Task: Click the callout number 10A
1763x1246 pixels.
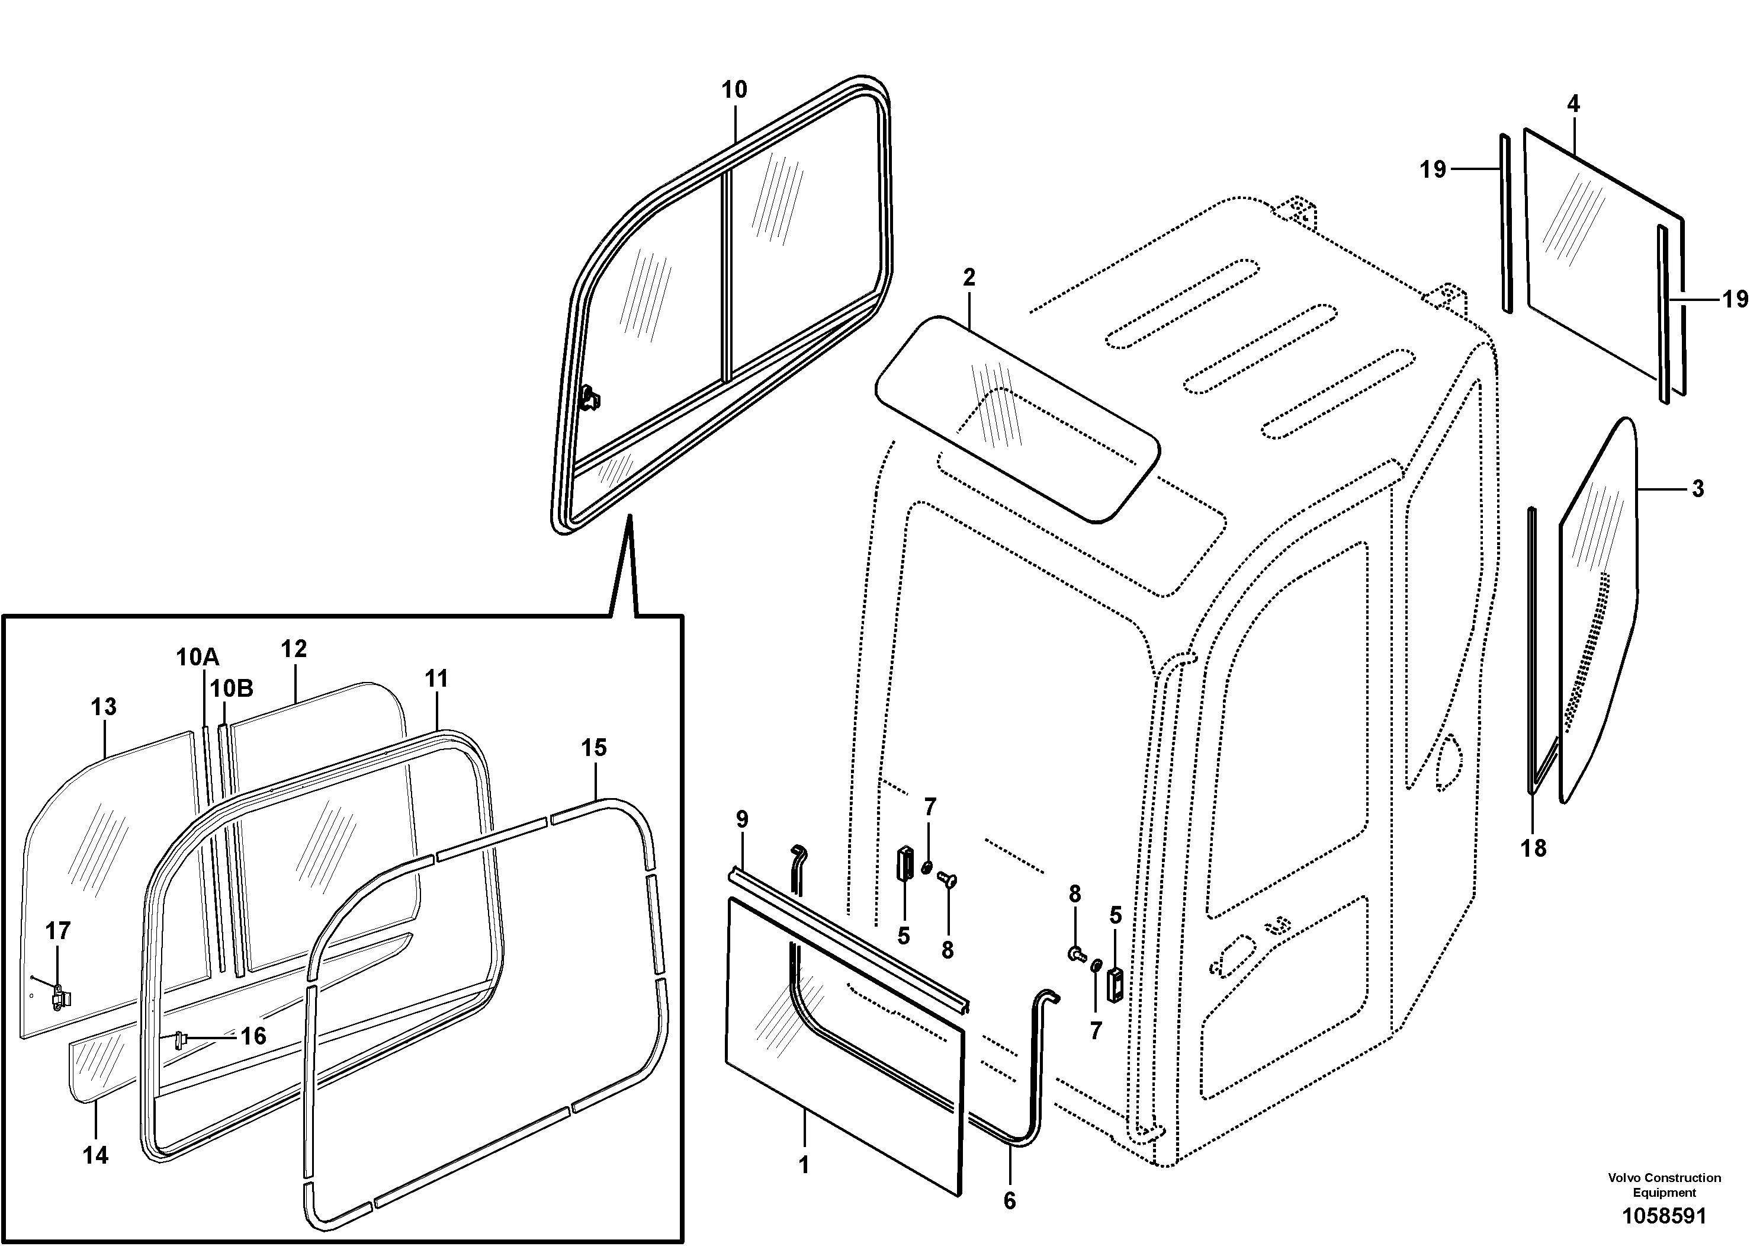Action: coord(197,657)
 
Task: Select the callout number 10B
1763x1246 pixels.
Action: coord(232,688)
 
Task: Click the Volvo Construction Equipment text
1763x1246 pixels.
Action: coord(1664,1184)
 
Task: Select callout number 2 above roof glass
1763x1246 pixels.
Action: coord(968,277)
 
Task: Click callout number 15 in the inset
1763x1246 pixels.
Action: coord(593,748)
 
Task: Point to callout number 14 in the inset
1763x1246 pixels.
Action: coord(95,1155)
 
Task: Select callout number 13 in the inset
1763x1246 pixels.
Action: coord(104,707)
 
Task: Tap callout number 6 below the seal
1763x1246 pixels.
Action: coord(1009,1201)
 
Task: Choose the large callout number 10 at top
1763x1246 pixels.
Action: coord(734,90)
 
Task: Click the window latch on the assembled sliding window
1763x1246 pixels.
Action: coord(591,398)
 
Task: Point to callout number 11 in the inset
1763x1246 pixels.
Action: coord(436,678)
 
